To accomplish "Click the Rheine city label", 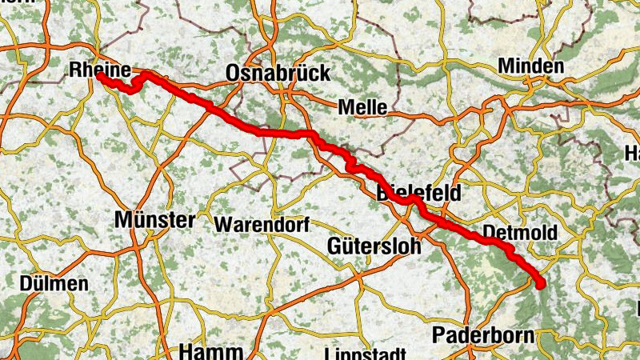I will point(100,69).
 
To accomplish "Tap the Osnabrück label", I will point(278,73).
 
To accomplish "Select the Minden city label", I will point(530,66).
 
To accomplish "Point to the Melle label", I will point(362,107).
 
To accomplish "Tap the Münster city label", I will point(154,219).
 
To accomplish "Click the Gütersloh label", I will point(374,246).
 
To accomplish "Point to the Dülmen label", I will point(55,284).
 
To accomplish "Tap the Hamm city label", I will point(210,351).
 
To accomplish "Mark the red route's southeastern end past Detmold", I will point(540,283).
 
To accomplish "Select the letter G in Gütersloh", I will point(334,246).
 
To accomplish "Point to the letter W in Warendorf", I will point(221,225).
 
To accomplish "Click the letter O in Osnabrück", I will point(234,73).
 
